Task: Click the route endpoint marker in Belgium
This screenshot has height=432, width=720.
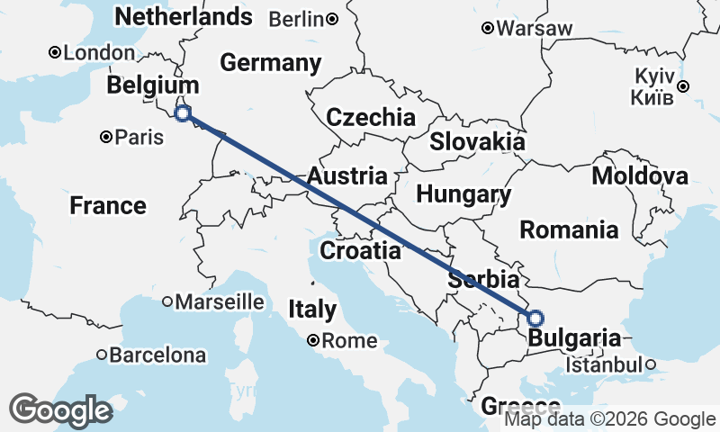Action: click(183, 113)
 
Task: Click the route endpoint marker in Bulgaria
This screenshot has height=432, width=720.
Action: click(535, 318)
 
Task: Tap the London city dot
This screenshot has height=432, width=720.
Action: click(55, 53)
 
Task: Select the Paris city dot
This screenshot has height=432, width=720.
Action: click(106, 138)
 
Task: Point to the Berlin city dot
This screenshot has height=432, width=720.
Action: click(332, 19)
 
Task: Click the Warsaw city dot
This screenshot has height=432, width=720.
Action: click(488, 28)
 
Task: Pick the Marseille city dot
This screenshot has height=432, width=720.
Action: click(167, 302)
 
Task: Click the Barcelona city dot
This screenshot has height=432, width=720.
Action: click(103, 355)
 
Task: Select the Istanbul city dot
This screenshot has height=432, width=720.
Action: click(649, 365)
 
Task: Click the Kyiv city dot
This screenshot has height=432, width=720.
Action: click(684, 86)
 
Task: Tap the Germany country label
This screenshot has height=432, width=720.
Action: click(270, 63)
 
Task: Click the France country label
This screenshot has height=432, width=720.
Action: click(108, 206)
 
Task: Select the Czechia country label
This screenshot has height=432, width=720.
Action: click(371, 117)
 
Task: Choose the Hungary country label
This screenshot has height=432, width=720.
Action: click(463, 194)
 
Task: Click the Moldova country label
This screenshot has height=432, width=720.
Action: click(639, 175)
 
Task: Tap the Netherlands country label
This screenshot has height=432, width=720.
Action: click(184, 16)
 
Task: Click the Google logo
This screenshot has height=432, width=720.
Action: click(60, 410)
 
